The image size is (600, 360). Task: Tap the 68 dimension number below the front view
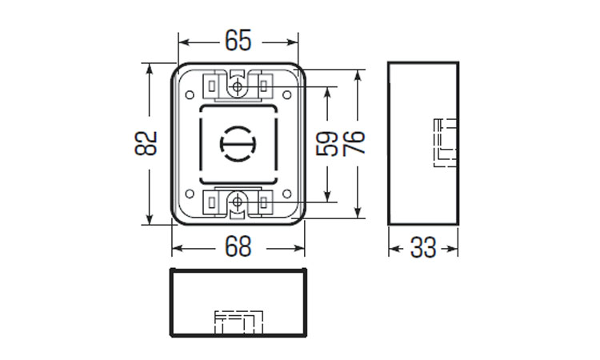(x=238, y=247)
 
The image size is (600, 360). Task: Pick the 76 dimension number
(x=354, y=142)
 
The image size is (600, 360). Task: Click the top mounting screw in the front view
(x=238, y=86)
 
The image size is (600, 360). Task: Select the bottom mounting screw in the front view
(x=238, y=202)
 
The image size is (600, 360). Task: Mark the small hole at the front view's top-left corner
(x=190, y=93)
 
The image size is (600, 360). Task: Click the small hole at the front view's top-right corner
(x=286, y=93)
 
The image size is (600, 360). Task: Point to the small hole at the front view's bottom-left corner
(x=190, y=194)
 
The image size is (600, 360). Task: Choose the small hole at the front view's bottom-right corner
(x=286, y=194)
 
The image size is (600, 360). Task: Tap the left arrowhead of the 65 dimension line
(x=182, y=40)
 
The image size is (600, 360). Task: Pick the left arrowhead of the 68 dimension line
(x=177, y=247)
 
